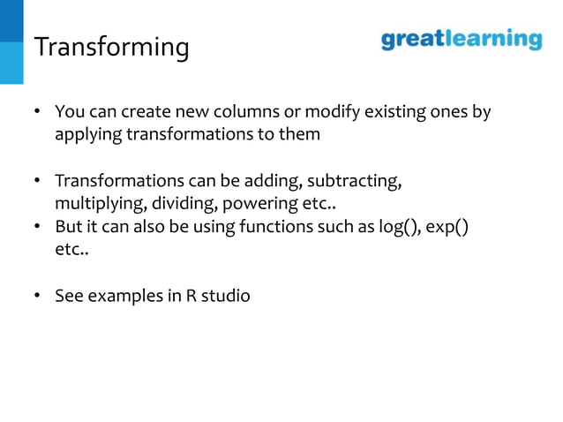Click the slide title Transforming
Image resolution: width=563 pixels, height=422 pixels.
pyautogui.click(x=111, y=47)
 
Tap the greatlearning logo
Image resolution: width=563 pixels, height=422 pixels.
pyautogui.click(x=461, y=40)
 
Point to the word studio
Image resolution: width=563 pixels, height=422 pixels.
pyautogui.click(x=226, y=296)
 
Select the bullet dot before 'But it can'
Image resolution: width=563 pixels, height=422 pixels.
pyautogui.click(x=39, y=228)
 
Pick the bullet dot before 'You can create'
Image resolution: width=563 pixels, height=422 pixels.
pyautogui.click(x=39, y=114)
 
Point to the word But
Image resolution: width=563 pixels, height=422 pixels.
pyautogui.click(x=67, y=227)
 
